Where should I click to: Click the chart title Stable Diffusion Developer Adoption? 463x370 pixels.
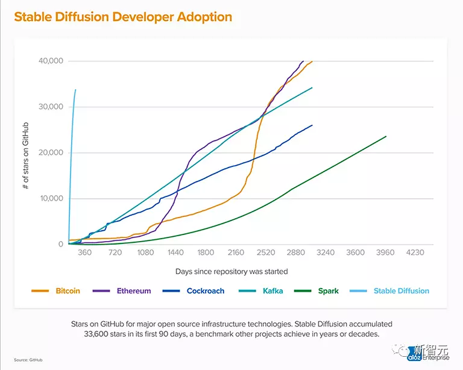pyautogui.click(x=123, y=16)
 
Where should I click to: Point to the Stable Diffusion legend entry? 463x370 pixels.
pyautogui.click(x=401, y=291)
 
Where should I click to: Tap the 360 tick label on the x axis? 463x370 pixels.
pyautogui.click(x=85, y=252)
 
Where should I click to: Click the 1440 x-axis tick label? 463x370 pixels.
pyautogui.click(x=175, y=252)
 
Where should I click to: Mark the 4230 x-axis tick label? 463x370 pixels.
pyautogui.click(x=415, y=252)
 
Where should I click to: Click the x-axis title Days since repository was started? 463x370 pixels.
pyautogui.click(x=231, y=271)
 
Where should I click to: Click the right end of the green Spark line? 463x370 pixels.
pyautogui.click(x=386, y=136)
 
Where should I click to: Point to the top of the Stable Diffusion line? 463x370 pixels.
pyautogui.click(x=75, y=90)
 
